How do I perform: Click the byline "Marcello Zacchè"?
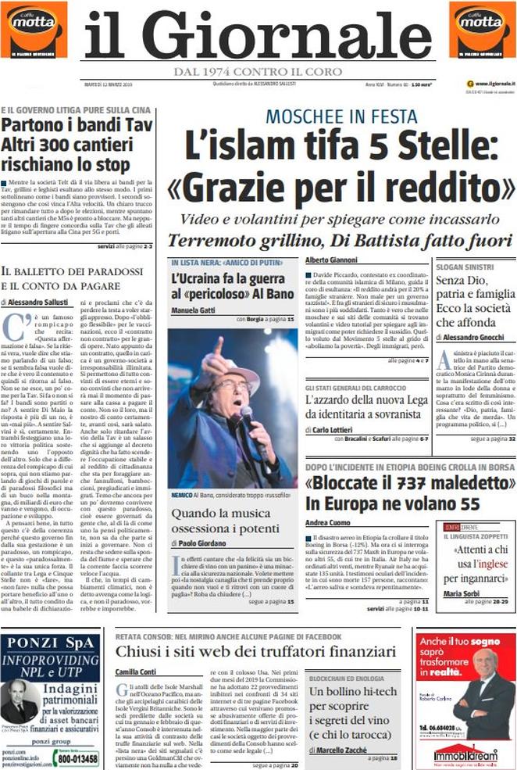point(342,751)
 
